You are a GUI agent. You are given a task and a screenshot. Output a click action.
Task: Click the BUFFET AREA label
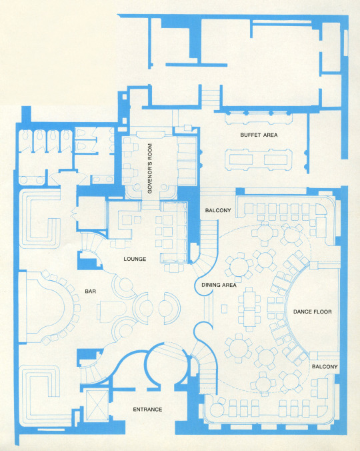pos(259,135)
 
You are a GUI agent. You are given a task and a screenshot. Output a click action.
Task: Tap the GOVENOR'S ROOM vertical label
pos(150,168)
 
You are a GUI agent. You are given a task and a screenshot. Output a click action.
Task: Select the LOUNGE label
pos(135,259)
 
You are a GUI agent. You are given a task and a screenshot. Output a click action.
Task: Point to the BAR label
pos(90,292)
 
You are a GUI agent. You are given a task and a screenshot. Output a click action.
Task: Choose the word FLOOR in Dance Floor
pos(323,312)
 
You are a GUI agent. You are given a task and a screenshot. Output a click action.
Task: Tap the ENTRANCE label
pos(147,409)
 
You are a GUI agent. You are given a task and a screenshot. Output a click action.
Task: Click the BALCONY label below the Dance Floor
pos(325,367)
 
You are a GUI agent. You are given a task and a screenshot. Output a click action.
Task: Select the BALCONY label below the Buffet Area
pos(218,211)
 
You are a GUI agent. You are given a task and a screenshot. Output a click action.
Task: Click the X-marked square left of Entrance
pos(97,405)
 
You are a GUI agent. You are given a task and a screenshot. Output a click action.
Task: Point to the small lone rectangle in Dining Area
pos(224,309)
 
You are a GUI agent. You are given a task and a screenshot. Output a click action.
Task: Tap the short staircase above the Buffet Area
pos(210,98)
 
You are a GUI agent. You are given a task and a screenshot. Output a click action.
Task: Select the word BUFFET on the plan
pos(251,135)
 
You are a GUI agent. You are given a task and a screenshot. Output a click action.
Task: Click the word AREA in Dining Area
pos(230,285)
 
